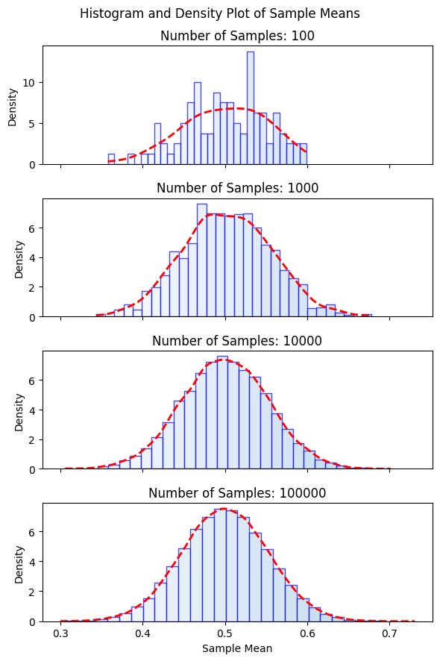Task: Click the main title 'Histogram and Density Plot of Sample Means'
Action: (x=220, y=13)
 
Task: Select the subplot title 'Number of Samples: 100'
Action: (x=237, y=36)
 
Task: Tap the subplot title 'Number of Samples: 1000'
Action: (x=237, y=188)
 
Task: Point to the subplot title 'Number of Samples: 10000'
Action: (x=237, y=341)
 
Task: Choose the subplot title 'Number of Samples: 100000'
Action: (x=237, y=493)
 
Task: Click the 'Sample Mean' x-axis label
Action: (x=237, y=648)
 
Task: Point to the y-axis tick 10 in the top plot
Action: (x=31, y=82)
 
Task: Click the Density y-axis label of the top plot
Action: (x=13, y=106)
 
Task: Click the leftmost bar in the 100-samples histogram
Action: (x=111, y=160)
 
